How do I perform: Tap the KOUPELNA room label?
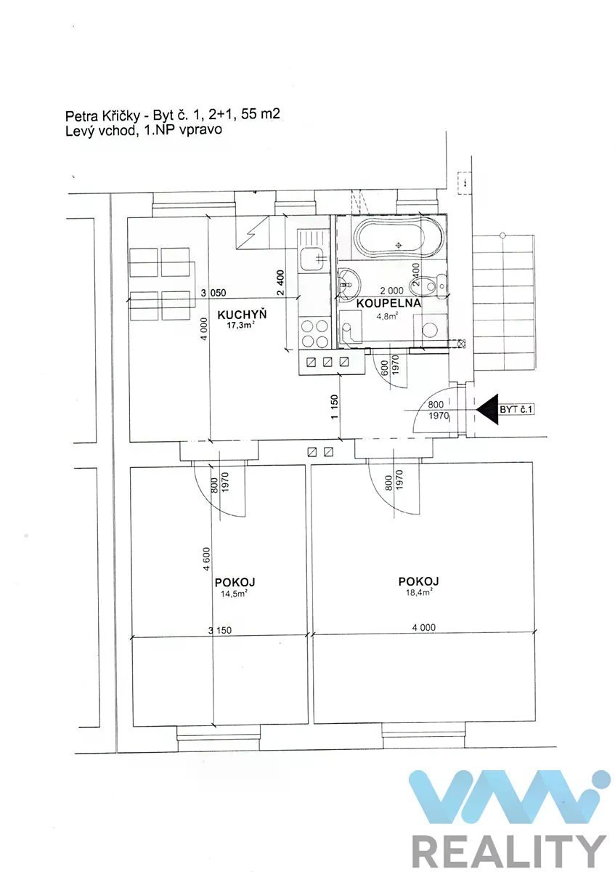point(388,303)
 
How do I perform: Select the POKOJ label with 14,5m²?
point(235,582)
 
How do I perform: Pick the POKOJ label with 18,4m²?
point(418,581)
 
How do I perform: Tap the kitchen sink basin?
point(312,259)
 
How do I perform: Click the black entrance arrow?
point(487,409)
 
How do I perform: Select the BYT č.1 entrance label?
point(516,409)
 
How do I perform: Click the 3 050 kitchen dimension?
point(213,292)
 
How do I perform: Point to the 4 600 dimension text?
point(206,559)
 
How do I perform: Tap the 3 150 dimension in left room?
point(219,630)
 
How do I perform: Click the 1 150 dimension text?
point(335,407)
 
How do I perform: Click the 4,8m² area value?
point(387,316)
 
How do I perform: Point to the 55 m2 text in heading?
point(260,113)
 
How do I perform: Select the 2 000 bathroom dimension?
point(391,291)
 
